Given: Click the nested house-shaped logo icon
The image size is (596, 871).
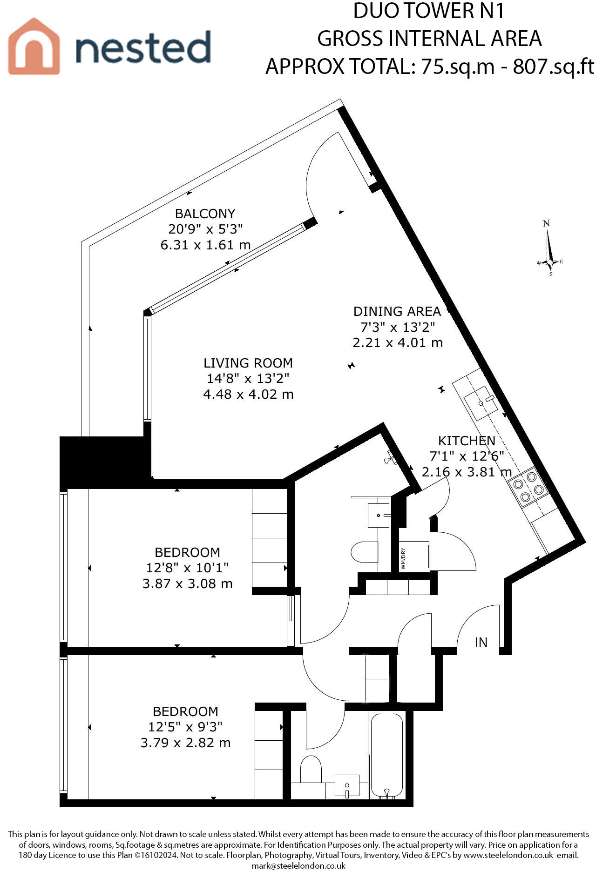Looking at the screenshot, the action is [x=34, y=47].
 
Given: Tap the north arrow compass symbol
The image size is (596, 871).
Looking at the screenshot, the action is [x=550, y=249].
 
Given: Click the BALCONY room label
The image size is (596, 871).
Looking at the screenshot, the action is [x=205, y=214].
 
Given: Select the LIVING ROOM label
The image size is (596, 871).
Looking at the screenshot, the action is [x=248, y=363].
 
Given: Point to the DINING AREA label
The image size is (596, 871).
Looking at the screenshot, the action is [x=397, y=311].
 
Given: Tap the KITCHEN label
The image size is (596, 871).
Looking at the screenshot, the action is [x=467, y=441].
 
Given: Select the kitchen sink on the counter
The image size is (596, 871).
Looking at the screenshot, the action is [x=480, y=402].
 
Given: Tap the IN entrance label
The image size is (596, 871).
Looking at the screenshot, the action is [x=481, y=643].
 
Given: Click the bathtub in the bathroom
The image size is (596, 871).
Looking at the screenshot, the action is [x=386, y=755].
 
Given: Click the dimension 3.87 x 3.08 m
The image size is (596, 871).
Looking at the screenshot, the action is [x=187, y=583].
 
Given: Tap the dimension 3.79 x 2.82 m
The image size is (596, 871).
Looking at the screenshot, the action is [x=185, y=743].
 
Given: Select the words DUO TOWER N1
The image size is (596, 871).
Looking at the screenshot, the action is [x=429, y=11].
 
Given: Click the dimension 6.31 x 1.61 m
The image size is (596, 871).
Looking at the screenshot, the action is [x=205, y=245].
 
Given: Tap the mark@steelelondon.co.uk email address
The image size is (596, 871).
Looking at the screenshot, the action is [x=298, y=866].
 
